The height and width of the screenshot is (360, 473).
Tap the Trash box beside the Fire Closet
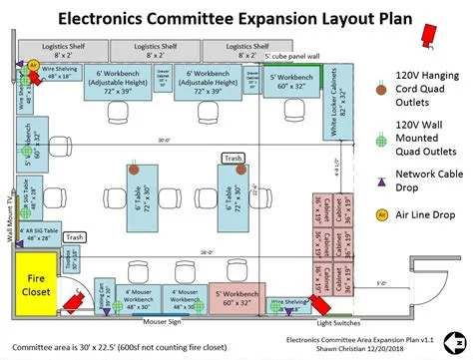pyautogui.click(x=75, y=237)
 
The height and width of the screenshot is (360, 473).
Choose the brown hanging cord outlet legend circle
pyautogui.click(x=380, y=89)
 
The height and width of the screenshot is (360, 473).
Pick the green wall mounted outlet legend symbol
pyautogui.click(x=380, y=140)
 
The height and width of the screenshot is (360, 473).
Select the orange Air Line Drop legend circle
pyautogui.click(x=380, y=214)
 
